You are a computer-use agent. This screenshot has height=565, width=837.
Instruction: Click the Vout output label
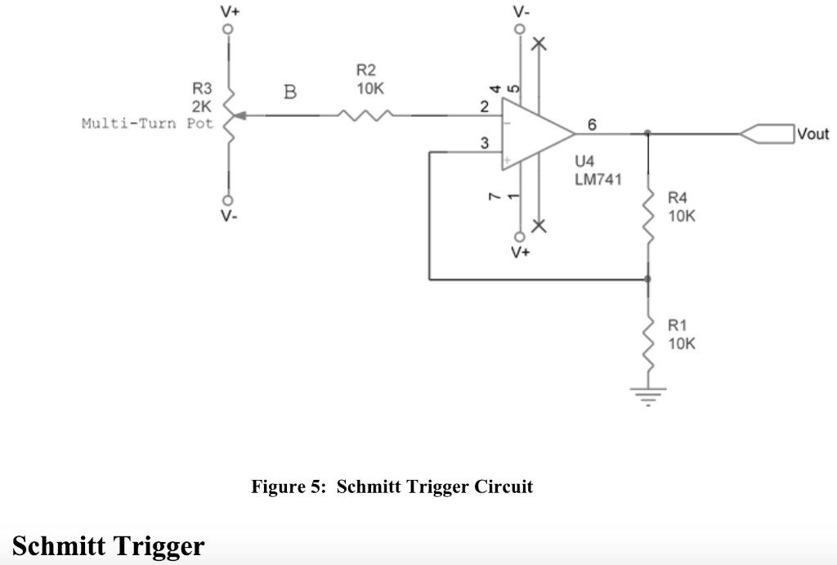812,134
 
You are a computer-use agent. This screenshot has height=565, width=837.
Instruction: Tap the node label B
289,92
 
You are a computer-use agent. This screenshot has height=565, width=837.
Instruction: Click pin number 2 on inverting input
484,106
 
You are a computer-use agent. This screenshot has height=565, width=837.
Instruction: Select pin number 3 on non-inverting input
484,144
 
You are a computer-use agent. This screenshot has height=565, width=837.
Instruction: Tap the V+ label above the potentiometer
229,11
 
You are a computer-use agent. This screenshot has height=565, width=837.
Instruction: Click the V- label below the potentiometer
229,217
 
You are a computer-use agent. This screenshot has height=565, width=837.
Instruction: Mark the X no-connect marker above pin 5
538,44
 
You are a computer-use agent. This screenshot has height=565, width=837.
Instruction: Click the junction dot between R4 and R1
649,280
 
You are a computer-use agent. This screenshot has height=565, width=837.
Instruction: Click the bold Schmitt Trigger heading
108,545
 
